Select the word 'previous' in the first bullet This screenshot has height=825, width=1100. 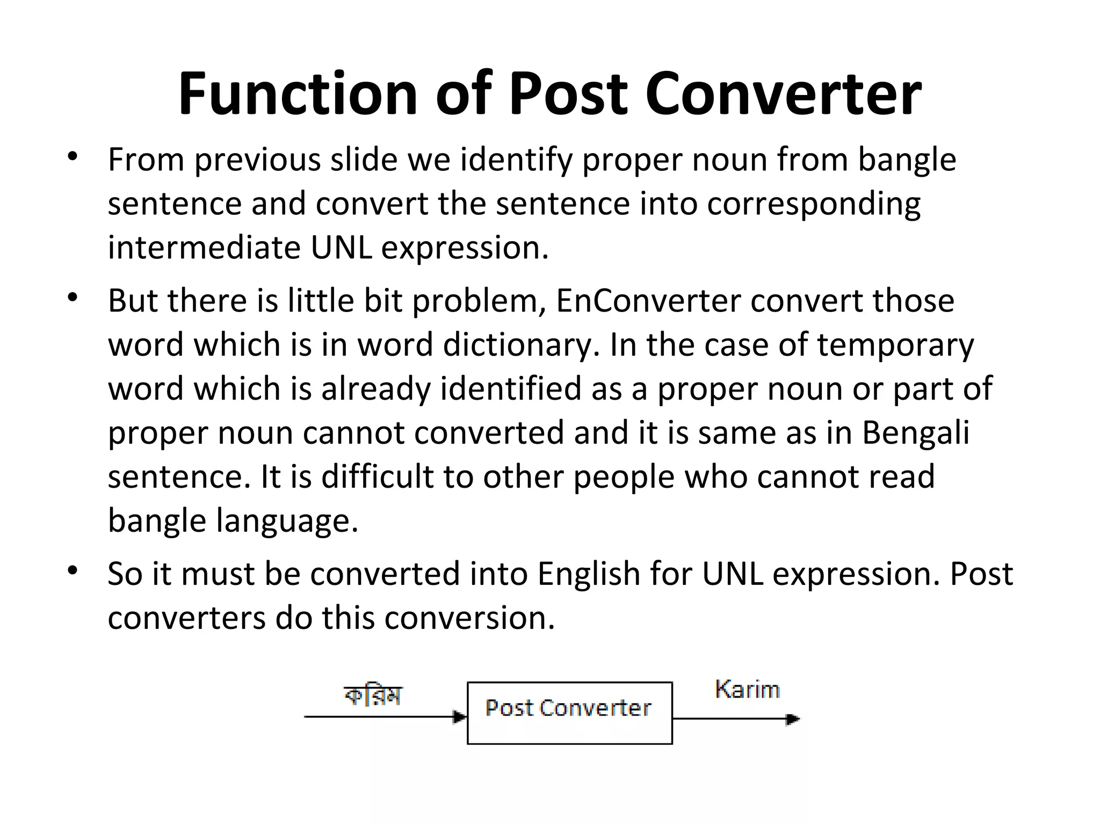pos(256,160)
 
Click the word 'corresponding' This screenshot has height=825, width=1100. pos(814,204)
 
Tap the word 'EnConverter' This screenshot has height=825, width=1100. pos(648,300)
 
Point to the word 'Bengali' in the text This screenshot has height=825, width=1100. pos(916,432)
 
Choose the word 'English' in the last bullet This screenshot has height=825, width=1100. pos(588,574)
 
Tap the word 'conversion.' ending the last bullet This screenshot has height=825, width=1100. pos(469,618)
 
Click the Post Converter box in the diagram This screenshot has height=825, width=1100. pos(569,713)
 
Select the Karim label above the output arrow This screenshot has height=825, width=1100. pos(747,689)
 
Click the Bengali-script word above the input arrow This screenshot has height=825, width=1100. pos(373,696)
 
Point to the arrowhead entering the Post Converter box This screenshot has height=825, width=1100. pos(460,717)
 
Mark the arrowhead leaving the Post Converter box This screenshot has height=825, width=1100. pos(793,719)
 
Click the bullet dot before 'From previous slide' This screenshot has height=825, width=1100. pos(73,157)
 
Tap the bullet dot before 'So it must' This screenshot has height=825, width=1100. pos(73,570)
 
